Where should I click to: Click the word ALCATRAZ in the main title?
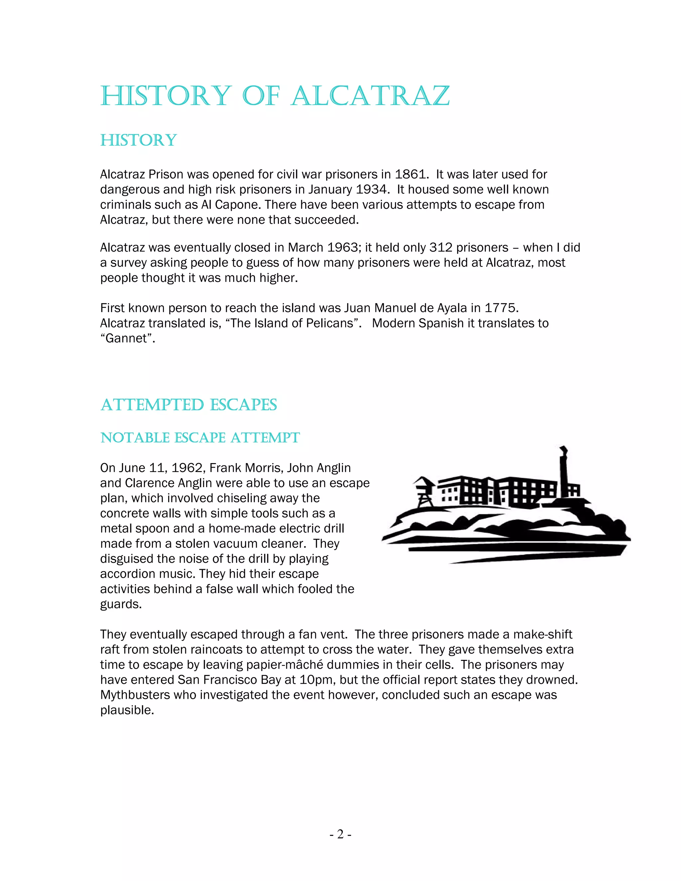point(370,96)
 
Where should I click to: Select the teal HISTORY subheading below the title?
point(138,140)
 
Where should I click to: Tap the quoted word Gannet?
point(127,338)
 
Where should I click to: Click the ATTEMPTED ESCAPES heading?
point(189,405)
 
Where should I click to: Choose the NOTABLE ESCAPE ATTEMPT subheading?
point(200,438)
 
